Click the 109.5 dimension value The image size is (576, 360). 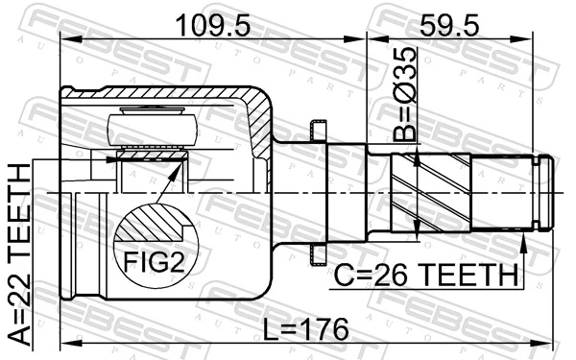click(212, 22)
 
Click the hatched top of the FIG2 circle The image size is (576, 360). click(154, 222)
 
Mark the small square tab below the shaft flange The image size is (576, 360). click(316, 253)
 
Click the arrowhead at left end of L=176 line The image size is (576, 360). click(68, 342)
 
